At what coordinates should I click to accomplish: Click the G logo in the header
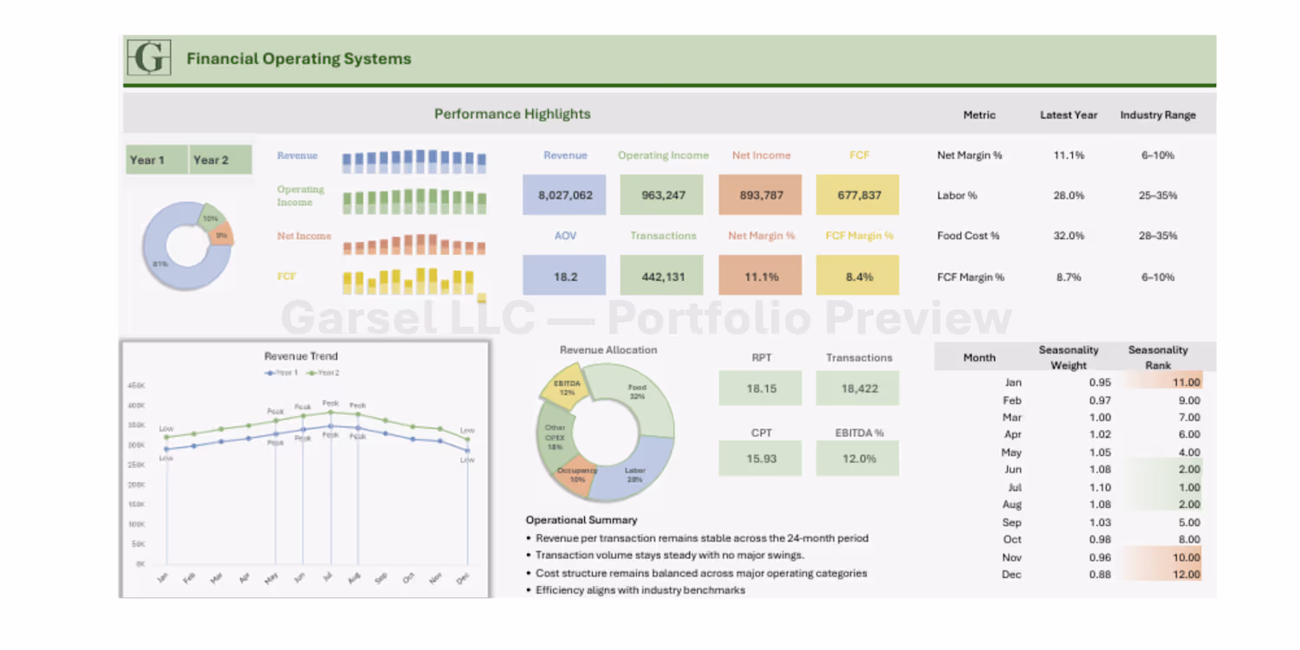pos(149,58)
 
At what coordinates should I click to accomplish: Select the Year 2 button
pos(211,159)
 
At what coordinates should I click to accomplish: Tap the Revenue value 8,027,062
pos(565,195)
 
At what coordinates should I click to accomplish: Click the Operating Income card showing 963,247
pos(663,195)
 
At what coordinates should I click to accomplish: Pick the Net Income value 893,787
pos(761,195)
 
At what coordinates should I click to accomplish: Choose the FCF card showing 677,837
pos(859,195)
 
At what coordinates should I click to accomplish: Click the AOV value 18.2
pos(565,276)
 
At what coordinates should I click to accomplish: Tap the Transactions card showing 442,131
pos(663,276)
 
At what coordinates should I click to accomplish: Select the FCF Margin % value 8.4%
pos(859,276)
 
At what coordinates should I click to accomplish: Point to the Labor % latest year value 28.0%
pos(1069,196)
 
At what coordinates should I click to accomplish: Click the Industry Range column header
pos(1158,114)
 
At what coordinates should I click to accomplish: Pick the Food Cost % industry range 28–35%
pos(1158,236)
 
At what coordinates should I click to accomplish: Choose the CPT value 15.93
pos(761,458)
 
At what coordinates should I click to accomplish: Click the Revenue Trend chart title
pos(301,356)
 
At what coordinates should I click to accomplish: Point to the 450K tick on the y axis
pos(136,386)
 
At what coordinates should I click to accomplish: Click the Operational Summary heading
pos(582,520)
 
